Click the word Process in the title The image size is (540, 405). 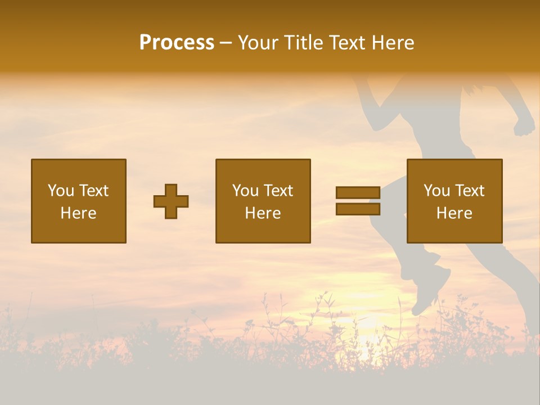click(177, 43)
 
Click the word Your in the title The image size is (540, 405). click(259, 43)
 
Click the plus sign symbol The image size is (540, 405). click(171, 201)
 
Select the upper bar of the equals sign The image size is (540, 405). click(358, 192)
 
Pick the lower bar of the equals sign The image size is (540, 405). click(358, 209)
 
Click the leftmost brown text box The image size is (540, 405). click(79, 201)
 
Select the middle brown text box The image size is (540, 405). click(263, 201)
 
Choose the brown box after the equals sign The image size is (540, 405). click(454, 201)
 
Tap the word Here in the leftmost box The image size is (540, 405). click(79, 213)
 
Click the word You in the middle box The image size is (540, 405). click(245, 191)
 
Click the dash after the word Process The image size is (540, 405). click(226, 43)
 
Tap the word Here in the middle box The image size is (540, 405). click(263, 213)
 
